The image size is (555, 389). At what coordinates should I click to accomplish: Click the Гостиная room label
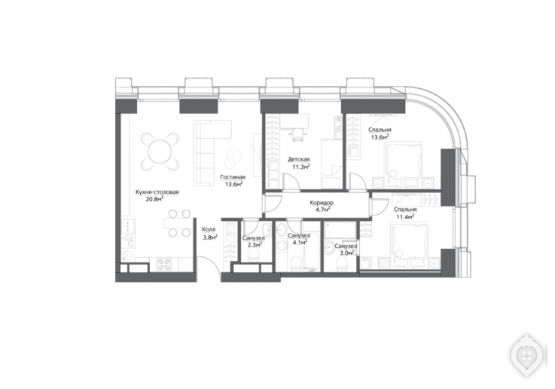(x=233, y=177)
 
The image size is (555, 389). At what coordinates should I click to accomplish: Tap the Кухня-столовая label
(x=157, y=192)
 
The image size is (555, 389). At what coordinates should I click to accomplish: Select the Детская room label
(x=299, y=159)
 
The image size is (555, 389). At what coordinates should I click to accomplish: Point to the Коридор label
(x=322, y=203)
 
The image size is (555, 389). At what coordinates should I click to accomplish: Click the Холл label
(x=208, y=229)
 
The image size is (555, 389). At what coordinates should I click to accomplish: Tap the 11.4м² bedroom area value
(x=405, y=216)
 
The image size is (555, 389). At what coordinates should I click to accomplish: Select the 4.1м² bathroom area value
(x=299, y=242)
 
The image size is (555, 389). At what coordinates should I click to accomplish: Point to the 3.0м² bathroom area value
(x=346, y=253)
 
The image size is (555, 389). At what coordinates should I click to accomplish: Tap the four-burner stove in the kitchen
(x=164, y=264)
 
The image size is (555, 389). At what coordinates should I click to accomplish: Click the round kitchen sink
(x=127, y=256)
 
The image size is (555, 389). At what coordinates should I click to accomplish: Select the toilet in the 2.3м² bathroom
(x=254, y=254)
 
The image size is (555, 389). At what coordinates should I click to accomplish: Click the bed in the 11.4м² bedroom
(x=410, y=242)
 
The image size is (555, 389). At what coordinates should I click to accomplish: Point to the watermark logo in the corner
(x=526, y=354)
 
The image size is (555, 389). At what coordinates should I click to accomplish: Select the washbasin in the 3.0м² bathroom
(x=331, y=247)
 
